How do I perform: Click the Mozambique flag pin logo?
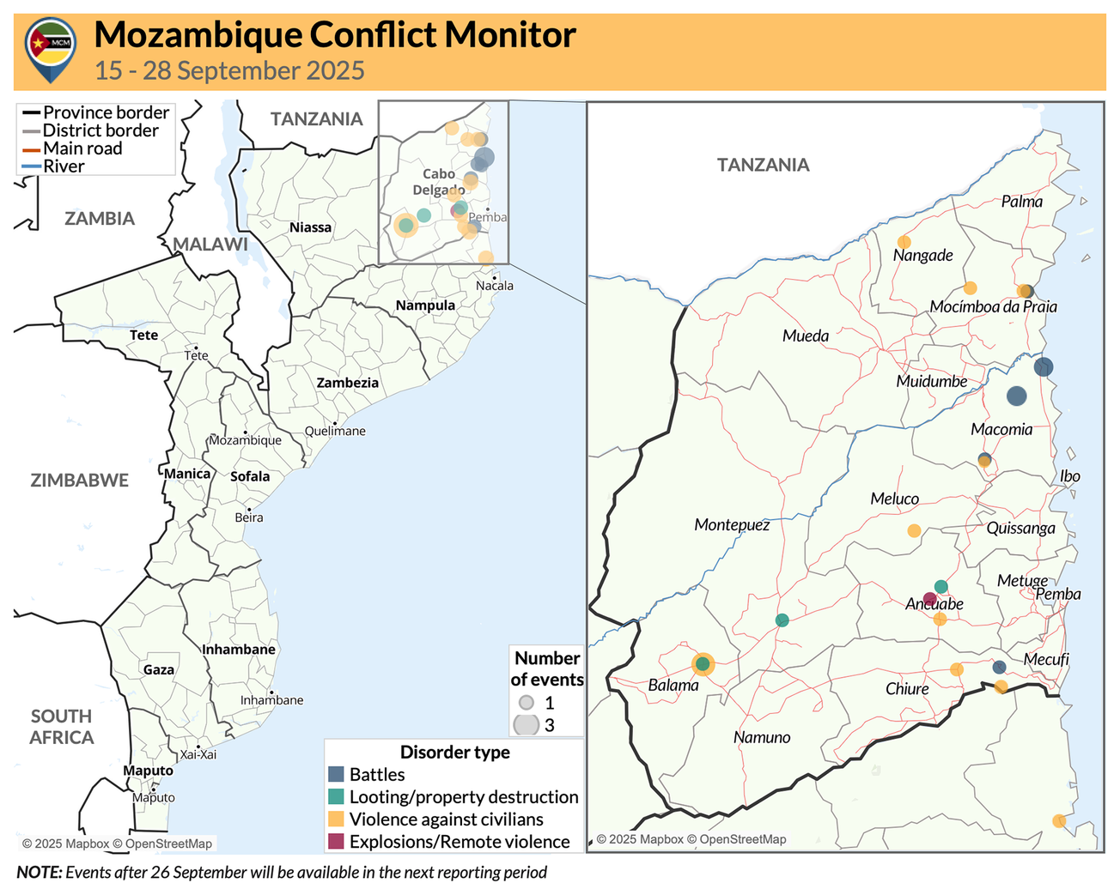click(x=51, y=48)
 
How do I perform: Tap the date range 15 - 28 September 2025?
click(x=229, y=70)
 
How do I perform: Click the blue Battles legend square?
click(x=337, y=774)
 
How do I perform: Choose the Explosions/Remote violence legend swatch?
click(x=337, y=842)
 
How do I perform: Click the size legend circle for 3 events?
click(x=526, y=724)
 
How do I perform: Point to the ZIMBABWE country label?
click(x=80, y=481)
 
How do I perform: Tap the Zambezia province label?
click(x=347, y=383)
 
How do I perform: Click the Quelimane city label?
click(x=335, y=431)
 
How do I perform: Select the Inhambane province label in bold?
click(x=239, y=650)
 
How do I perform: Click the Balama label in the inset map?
click(x=673, y=686)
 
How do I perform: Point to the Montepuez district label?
click(x=732, y=524)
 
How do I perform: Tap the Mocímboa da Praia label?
click(x=993, y=307)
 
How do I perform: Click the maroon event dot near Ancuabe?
click(x=929, y=599)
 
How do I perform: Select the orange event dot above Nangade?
click(x=904, y=242)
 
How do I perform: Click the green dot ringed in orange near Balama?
click(x=703, y=663)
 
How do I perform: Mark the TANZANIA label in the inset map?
click(x=763, y=165)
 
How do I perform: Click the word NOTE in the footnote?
click(x=39, y=873)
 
